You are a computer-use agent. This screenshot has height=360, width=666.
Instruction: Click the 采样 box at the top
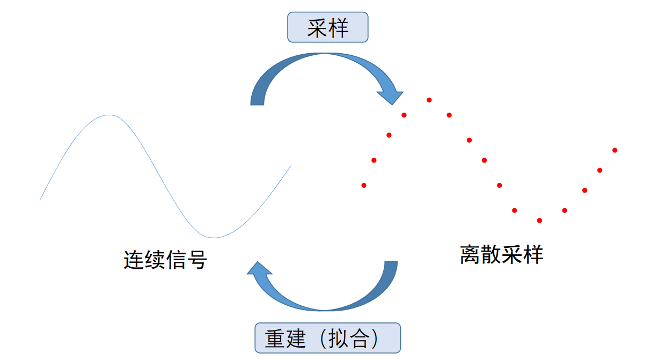[x=328, y=27]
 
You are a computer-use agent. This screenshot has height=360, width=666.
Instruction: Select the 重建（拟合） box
[x=327, y=338]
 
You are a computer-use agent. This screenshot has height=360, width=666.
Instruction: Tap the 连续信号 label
[x=165, y=260]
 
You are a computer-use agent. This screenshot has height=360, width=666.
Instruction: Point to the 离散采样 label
[x=501, y=255]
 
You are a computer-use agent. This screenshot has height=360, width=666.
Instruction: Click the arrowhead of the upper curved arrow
[x=391, y=97]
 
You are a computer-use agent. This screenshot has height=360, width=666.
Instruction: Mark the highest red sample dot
[x=429, y=100]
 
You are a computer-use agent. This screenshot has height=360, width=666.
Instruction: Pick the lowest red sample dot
[x=539, y=221]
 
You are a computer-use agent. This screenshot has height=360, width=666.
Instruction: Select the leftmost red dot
[x=364, y=186]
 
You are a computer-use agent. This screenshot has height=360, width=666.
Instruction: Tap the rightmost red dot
[x=615, y=150]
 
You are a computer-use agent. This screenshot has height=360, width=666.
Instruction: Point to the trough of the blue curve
[x=214, y=238]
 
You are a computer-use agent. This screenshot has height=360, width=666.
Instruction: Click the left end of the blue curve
[x=41, y=199]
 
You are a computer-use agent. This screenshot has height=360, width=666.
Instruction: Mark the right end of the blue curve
[x=290, y=166]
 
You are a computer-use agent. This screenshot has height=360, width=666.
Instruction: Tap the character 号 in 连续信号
[x=197, y=260]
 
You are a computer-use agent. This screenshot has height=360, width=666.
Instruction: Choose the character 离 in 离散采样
[x=470, y=255]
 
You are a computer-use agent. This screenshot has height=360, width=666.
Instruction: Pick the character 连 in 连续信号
[x=134, y=260]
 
